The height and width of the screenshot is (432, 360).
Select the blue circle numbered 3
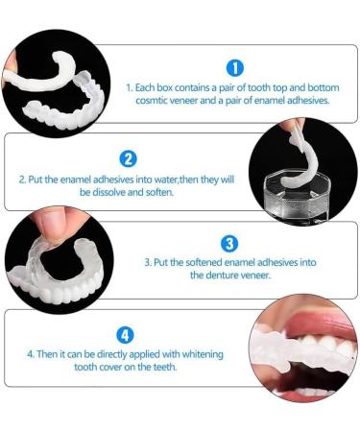pyautogui.click(x=229, y=244)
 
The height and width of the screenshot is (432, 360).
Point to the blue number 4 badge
pyautogui.click(x=126, y=335)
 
